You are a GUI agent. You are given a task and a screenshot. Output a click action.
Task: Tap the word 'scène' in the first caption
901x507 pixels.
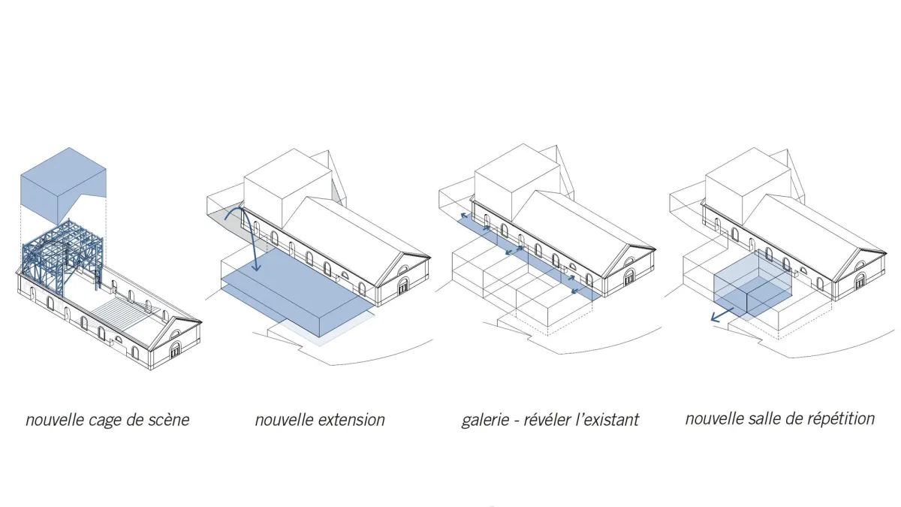point(168,420)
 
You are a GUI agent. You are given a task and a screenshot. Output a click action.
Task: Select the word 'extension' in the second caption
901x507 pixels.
point(350,420)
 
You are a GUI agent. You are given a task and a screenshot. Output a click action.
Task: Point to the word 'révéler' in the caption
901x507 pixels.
point(557,420)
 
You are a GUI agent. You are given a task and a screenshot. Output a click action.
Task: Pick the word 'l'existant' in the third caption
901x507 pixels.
point(612,420)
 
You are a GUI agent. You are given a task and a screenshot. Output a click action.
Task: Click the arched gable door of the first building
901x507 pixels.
point(176,350)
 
